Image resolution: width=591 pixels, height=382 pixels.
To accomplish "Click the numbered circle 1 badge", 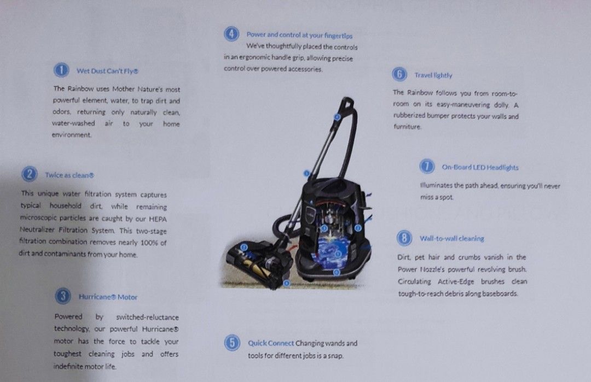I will [x=61, y=70].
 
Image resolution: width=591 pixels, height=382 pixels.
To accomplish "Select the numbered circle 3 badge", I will [x=63, y=297].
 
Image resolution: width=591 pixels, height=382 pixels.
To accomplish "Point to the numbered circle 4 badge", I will [x=231, y=34].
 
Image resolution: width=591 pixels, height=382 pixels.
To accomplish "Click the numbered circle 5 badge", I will [x=232, y=343].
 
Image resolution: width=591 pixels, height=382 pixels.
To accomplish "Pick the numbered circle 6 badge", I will [x=399, y=75].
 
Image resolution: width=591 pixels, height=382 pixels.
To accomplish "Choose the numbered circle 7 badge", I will [x=427, y=167].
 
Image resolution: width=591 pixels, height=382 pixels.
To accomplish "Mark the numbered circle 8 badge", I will [x=404, y=238].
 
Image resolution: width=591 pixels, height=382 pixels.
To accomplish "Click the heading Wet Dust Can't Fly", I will [x=107, y=70].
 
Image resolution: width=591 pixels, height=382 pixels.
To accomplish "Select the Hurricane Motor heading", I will [x=108, y=297].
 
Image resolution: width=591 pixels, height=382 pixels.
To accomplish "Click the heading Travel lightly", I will [x=433, y=75].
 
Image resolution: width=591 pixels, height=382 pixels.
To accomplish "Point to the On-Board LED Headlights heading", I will [x=480, y=168].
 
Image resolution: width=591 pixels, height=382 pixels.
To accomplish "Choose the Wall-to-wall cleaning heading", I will [x=451, y=239].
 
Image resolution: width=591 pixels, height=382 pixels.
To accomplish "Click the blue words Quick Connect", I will [x=271, y=343].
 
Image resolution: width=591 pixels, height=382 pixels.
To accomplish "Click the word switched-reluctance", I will [x=147, y=317].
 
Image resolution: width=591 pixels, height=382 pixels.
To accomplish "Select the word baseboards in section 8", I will [x=499, y=293].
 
